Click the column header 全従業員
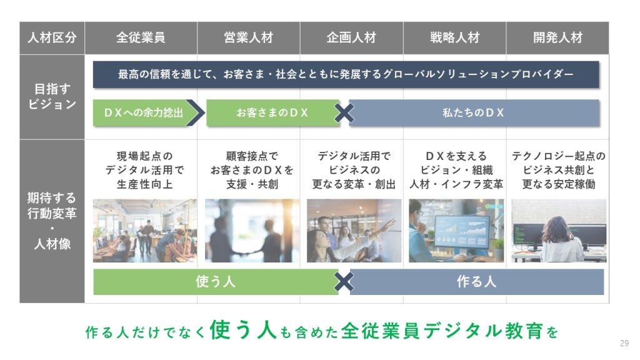[141, 38]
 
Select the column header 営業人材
[249, 38]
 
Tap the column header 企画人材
[351, 38]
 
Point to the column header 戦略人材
[455, 38]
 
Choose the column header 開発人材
[557, 38]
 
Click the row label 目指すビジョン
[52, 97]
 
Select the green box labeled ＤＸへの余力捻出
[141, 112]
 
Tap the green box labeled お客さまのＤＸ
[272, 112]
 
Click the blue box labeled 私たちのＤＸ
[474, 112]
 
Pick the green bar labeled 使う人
[215, 282]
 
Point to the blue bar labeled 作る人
[476, 282]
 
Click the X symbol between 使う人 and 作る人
[344, 282]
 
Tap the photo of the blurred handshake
[252, 231]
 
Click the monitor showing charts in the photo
[462, 231]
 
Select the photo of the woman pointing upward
[354, 231]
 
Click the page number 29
[624, 343]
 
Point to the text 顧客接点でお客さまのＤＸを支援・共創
[252, 170]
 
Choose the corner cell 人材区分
[52, 38]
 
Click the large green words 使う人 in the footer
[243, 330]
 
